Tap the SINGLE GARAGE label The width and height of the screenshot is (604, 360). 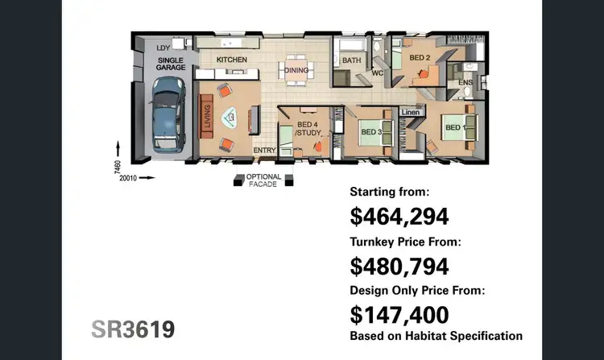pos(170,64)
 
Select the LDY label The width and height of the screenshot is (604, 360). pos(163,48)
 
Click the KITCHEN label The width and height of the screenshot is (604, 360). pos(231,60)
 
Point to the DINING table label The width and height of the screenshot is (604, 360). pos(296,70)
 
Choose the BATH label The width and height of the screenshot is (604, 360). pos(351,60)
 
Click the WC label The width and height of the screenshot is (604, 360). pos(377,72)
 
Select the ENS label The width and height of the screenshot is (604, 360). pos(465,82)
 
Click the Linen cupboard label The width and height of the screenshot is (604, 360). pos(409,111)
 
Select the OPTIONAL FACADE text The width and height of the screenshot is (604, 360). pos(263,180)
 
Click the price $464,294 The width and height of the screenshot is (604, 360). pos(399,216)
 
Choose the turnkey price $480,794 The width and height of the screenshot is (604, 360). pos(399,265)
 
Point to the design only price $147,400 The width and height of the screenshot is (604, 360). pos(399,314)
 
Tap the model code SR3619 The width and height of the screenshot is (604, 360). pos(133,329)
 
